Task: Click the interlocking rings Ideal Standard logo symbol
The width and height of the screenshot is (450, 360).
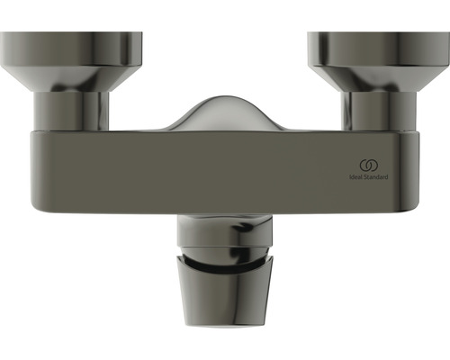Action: pyautogui.click(x=367, y=165)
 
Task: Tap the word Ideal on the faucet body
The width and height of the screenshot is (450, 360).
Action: pyautogui.click(x=355, y=178)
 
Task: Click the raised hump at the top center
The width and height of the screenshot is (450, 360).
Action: pyautogui.click(x=224, y=112)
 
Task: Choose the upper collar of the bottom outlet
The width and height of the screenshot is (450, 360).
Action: pyautogui.click(x=225, y=236)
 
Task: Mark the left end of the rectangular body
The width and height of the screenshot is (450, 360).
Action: pyautogui.click(x=36, y=171)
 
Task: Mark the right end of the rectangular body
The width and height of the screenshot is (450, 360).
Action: pyautogui.click(x=416, y=171)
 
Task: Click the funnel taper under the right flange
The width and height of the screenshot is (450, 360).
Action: pyautogui.click(x=379, y=76)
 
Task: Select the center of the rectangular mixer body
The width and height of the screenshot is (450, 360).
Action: pyautogui.click(x=225, y=171)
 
